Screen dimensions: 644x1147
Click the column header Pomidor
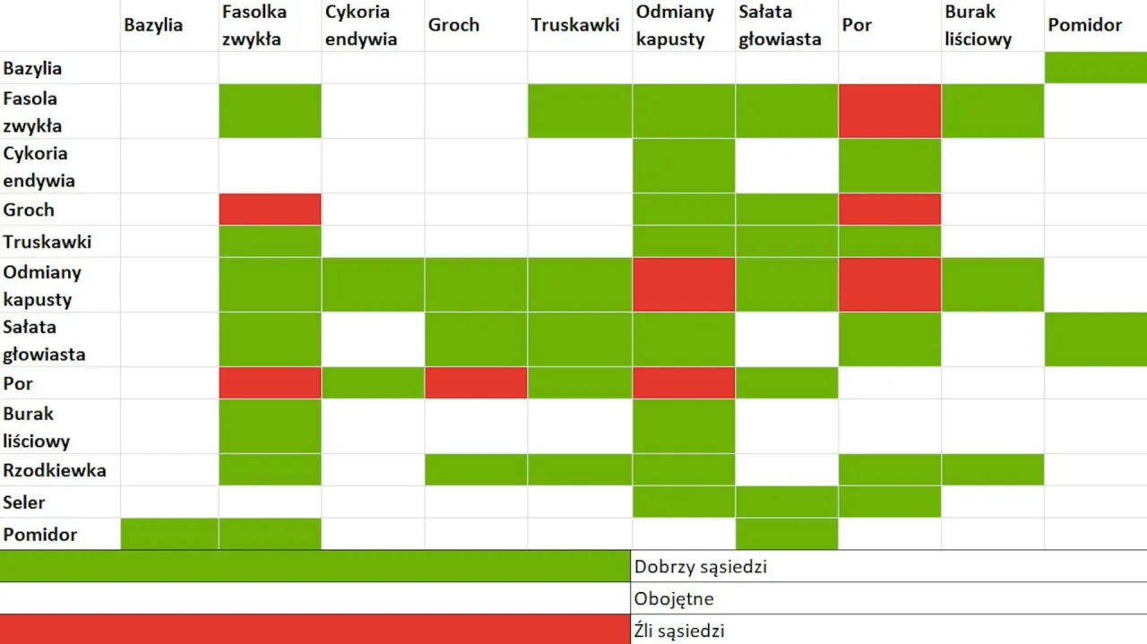1084,25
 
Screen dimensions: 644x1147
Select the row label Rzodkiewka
55,470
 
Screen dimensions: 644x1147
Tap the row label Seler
24,502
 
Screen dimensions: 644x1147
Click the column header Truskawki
574,25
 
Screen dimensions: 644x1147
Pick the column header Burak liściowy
978,26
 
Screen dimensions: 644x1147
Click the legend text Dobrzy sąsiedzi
701,567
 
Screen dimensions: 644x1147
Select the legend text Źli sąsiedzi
679,631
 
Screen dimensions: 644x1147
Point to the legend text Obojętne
674,599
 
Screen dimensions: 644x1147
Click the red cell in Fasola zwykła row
890,111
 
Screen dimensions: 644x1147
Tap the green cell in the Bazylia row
1095,68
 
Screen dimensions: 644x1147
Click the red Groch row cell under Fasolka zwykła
270,210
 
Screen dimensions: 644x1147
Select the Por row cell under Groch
476,383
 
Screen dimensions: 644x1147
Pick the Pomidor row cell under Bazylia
169,535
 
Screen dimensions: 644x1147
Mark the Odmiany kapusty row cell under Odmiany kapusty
684,285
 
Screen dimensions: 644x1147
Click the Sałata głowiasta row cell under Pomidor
1095,339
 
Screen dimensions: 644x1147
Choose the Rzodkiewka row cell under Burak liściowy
993,470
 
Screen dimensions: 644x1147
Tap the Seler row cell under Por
890,502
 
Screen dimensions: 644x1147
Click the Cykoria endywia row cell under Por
890,166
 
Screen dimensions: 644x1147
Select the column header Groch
453,25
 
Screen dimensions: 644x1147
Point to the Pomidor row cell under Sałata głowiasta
787,535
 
